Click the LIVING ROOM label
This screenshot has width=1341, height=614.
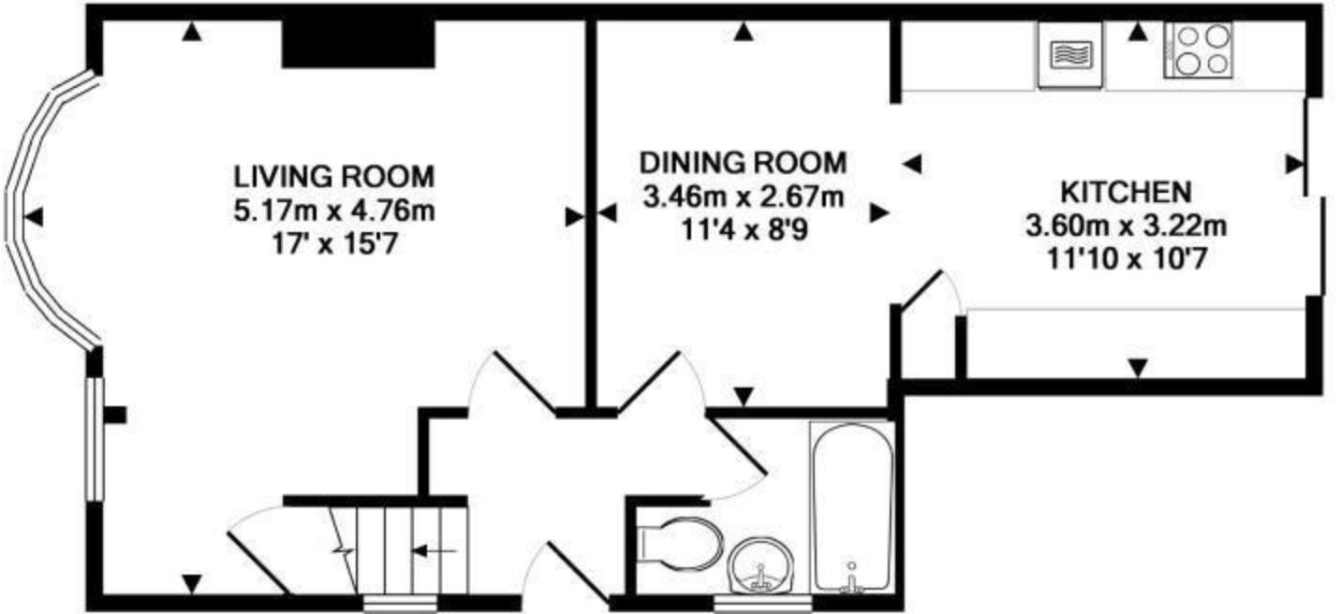pyautogui.click(x=334, y=177)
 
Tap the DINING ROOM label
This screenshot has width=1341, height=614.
pyautogui.click(x=744, y=163)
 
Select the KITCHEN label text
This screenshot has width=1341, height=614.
pyautogui.click(x=1126, y=192)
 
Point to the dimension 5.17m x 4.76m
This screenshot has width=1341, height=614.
pyautogui.click(x=334, y=211)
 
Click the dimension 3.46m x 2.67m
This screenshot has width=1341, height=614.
pyautogui.click(x=744, y=197)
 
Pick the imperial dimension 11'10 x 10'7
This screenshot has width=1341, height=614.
pyautogui.click(x=1126, y=259)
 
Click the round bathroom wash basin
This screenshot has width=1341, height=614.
pyautogui.click(x=761, y=565)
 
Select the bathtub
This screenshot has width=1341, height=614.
pyautogui.click(x=852, y=507)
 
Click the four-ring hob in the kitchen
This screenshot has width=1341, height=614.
pyautogui.click(x=1199, y=51)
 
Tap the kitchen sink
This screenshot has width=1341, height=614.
pyautogui.click(x=1071, y=55)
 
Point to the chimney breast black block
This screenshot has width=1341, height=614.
pyautogui.click(x=358, y=44)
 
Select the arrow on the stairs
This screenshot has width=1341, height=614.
pyautogui.click(x=435, y=550)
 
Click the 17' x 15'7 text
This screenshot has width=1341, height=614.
pyautogui.click(x=334, y=244)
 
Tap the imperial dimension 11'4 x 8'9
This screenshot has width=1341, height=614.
pyautogui.click(x=744, y=230)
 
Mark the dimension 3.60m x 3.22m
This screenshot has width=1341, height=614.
pyautogui.click(x=1126, y=227)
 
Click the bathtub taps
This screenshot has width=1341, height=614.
pyautogui.click(x=851, y=578)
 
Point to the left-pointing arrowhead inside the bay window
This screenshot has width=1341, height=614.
pyautogui.click(x=34, y=216)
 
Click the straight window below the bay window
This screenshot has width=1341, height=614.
pyautogui.click(x=95, y=439)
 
